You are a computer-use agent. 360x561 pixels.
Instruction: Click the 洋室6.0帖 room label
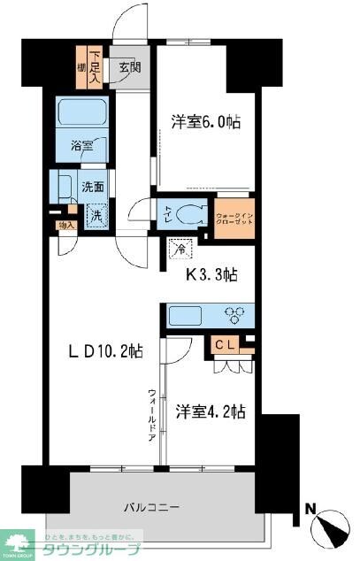click(x=204, y=124)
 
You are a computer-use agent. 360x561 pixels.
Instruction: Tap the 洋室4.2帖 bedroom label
click(x=210, y=411)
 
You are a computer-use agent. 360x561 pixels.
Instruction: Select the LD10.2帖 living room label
click(x=107, y=350)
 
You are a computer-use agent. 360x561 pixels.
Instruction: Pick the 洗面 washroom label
click(x=92, y=188)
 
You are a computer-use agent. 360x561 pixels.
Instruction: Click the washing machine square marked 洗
click(x=94, y=214)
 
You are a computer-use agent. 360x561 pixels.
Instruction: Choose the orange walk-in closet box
click(x=233, y=214)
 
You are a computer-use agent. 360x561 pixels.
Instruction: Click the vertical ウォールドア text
click(x=152, y=417)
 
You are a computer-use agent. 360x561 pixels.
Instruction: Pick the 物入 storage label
click(x=65, y=226)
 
